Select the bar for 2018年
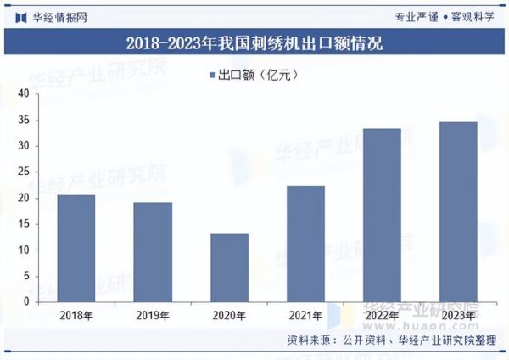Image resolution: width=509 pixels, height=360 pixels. point(76,248)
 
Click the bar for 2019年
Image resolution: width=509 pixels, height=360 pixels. point(153,251)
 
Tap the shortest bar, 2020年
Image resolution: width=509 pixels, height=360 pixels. point(229,267)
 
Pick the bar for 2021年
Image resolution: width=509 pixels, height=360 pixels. point(305,244)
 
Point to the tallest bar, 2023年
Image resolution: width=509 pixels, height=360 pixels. point(458,211)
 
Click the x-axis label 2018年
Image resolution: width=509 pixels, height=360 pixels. point(76,315)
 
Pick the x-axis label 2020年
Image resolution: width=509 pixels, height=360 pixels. point(229,315)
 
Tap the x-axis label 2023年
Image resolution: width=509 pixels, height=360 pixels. point(458,315)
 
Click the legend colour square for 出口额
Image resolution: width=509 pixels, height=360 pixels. point(212,76)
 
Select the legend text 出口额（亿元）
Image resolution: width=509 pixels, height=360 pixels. point(259,76)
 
